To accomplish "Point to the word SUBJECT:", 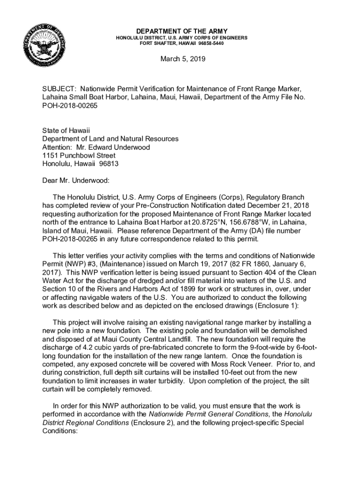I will pyautogui.click(x=58, y=89).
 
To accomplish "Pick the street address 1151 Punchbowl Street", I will pyautogui.click(x=79, y=156).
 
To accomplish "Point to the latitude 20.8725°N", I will pyautogui.click(x=225, y=222).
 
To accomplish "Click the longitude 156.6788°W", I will pyautogui.click(x=268, y=222).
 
